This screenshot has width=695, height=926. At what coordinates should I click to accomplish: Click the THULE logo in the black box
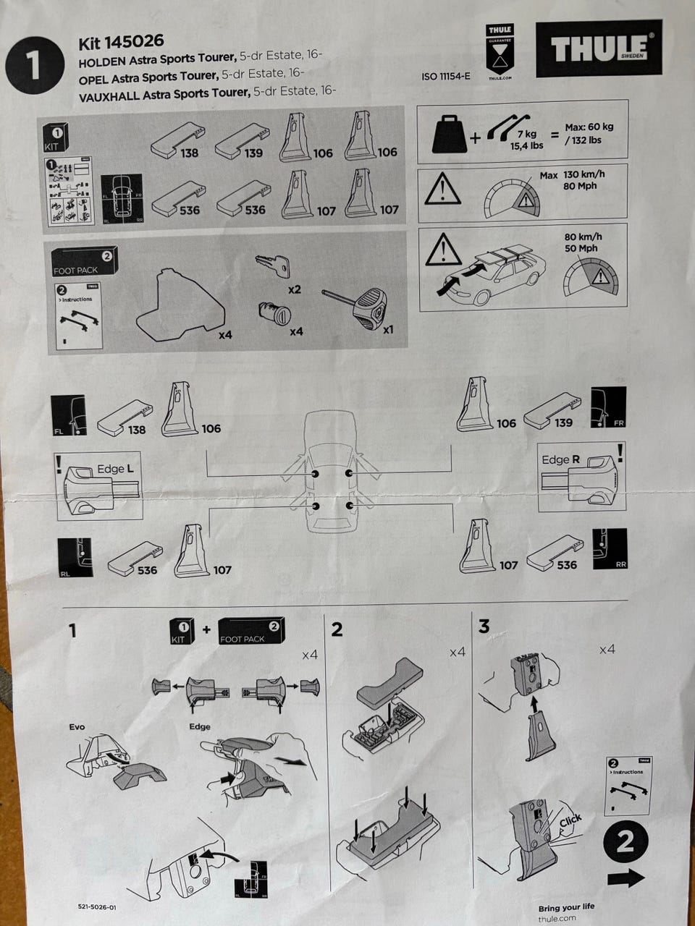tap(599, 48)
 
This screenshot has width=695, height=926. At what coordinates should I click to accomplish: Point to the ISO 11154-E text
tap(445, 76)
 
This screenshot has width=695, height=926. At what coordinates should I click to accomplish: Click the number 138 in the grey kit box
tap(190, 153)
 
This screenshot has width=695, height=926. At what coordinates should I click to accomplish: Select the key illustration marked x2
tap(274, 266)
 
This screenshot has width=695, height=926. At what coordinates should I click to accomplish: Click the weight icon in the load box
tap(448, 133)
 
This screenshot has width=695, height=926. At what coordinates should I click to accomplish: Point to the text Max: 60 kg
tap(589, 127)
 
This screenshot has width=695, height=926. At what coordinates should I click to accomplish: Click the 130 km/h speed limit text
tap(584, 174)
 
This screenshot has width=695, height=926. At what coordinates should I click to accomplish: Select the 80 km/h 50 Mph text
tap(583, 242)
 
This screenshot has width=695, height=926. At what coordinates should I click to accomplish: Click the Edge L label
tap(115, 469)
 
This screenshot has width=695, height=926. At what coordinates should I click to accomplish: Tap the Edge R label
tap(560, 459)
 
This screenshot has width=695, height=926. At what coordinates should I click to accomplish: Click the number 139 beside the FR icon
tap(563, 422)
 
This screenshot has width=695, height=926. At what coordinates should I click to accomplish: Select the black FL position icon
tap(68, 415)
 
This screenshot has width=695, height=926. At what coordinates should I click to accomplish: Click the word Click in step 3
tap(570, 820)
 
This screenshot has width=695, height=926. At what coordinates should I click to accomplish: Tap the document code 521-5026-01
tap(96, 906)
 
